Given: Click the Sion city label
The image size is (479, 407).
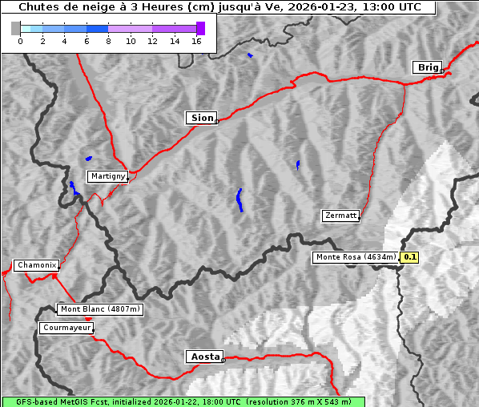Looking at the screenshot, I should pyautogui.click(x=201, y=118).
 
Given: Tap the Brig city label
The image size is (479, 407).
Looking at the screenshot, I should pyautogui.click(x=427, y=67).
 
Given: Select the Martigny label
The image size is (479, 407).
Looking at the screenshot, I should pyautogui.click(x=107, y=176).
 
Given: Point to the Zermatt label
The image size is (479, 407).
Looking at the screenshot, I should pyautogui.click(x=340, y=216).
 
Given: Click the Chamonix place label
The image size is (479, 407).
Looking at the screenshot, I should pyautogui.click(x=36, y=265).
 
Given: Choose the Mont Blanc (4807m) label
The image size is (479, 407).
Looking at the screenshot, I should pyautogui.click(x=100, y=309).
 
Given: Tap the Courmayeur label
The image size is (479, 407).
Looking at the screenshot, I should pyautogui.click(x=66, y=328).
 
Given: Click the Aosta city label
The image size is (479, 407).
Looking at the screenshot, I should pyautogui.click(x=203, y=357).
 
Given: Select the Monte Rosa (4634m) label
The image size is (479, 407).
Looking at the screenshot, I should pyautogui.click(x=356, y=257).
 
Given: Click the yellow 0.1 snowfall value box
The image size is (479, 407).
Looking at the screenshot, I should pyautogui.click(x=410, y=257).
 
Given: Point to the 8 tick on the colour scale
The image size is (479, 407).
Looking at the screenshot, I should pyautogui.click(x=108, y=40).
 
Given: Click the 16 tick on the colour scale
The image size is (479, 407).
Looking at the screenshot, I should pyautogui.click(x=196, y=40).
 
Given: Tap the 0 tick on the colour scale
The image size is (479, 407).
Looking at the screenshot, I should pyautogui.click(x=20, y=40).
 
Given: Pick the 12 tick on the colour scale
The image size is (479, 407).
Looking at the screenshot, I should pyautogui.click(x=152, y=40).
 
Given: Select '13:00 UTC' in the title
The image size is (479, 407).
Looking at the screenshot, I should pyautogui.click(x=392, y=7).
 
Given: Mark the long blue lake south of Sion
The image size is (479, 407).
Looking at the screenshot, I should pyautogui.click(x=239, y=199).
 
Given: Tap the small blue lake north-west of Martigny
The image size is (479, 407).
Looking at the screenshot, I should pyautogui.click(x=88, y=159).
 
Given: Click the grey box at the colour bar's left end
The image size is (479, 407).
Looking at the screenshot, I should pyautogui.click(x=15, y=28).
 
